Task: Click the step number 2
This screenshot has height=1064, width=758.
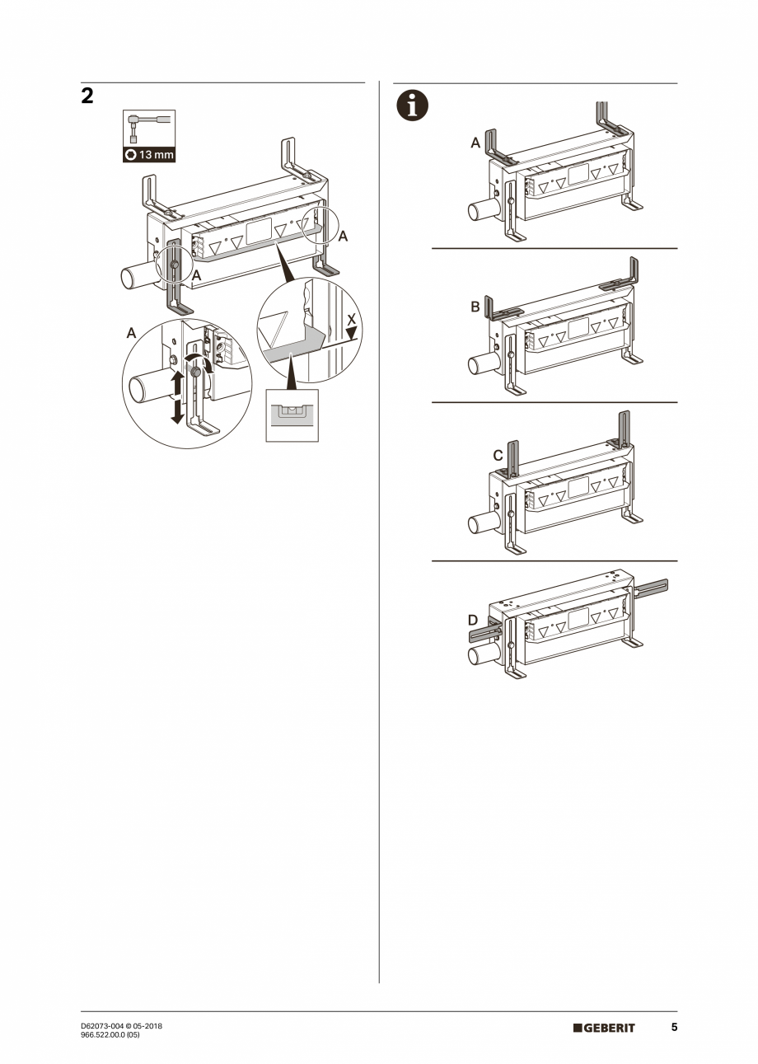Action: click(x=87, y=96)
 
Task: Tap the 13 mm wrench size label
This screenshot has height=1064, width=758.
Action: click(x=149, y=155)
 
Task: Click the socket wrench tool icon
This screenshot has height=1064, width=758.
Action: click(x=148, y=129)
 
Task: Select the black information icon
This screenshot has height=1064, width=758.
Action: click(x=412, y=105)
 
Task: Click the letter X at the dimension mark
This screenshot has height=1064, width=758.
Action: click(x=351, y=320)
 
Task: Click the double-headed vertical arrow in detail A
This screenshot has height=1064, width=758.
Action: click(x=176, y=397)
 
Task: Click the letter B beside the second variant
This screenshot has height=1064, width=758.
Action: click(x=475, y=307)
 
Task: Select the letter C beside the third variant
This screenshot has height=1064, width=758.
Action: click(x=498, y=456)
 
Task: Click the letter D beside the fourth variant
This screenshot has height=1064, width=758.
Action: click(x=473, y=621)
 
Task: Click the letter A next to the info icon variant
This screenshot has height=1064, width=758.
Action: click(x=475, y=143)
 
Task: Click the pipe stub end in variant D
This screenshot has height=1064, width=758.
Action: click(x=475, y=657)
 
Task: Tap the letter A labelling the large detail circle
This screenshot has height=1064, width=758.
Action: click(x=131, y=333)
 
